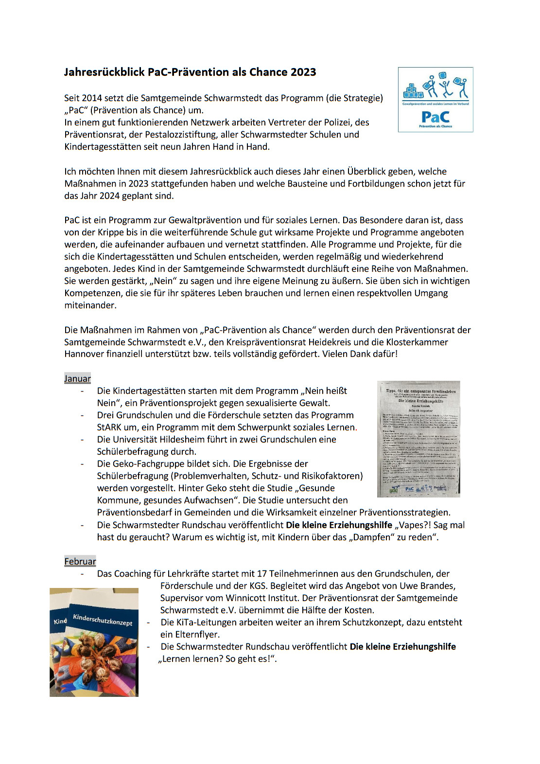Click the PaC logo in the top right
point(435,100)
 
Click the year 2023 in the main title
point(303,72)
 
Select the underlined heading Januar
point(77,379)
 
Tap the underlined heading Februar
point(80,562)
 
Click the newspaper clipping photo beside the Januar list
point(418,439)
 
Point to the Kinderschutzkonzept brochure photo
point(94,642)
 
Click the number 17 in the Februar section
point(262,574)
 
